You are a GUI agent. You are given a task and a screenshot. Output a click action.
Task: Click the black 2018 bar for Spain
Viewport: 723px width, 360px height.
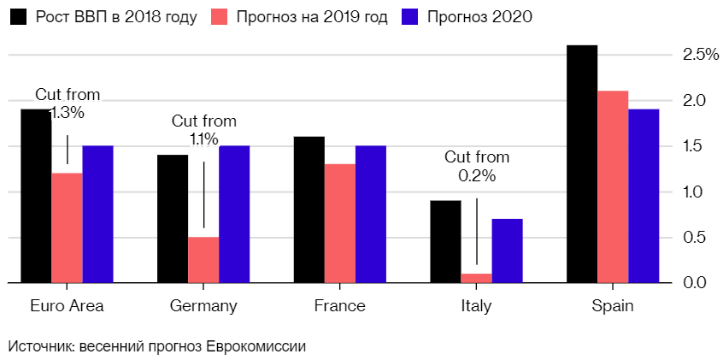(x=582, y=163)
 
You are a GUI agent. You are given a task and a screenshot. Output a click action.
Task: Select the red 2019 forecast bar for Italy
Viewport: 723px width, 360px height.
(x=476, y=278)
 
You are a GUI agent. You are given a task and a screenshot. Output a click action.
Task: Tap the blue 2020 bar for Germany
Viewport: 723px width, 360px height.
(x=234, y=214)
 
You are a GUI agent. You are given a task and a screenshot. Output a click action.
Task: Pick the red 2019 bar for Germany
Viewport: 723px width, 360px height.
(x=203, y=259)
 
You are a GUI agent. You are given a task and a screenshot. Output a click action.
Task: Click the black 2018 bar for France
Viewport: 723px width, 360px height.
(x=309, y=210)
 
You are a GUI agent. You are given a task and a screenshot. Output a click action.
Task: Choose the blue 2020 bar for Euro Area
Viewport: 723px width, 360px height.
(x=97, y=214)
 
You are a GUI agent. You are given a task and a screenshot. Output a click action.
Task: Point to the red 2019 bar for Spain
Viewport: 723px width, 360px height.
(x=613, y=186)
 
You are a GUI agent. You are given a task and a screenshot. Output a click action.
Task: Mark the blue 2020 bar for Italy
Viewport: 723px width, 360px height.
(x=507, y=251)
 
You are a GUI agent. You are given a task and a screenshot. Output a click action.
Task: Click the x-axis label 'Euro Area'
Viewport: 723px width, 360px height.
(x=67, y=306)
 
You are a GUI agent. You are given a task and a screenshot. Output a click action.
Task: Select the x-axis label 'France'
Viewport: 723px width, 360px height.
(x=339, y=306)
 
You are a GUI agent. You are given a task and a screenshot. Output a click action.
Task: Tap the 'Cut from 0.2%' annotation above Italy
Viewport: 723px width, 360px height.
(x=476, y=166)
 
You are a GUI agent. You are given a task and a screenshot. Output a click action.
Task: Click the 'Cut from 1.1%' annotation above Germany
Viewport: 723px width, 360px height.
(x=203, y=130)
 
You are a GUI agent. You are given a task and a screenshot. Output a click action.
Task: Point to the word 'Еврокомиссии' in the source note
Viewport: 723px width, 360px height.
(x=262, y=346)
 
